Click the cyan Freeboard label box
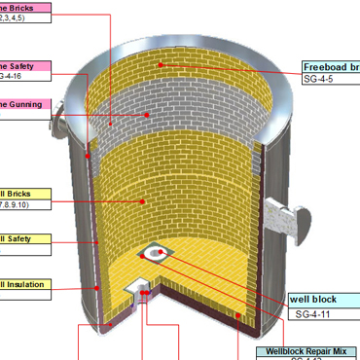[x=331, y=67]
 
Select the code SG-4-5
[x=319, y=79]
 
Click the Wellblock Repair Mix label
[x=307, y=350]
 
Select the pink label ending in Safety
[x=24, y=67]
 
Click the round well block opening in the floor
[x=155, y=254]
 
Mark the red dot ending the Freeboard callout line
[x=162, y=65]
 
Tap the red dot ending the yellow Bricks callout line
[x=142, y=201]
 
